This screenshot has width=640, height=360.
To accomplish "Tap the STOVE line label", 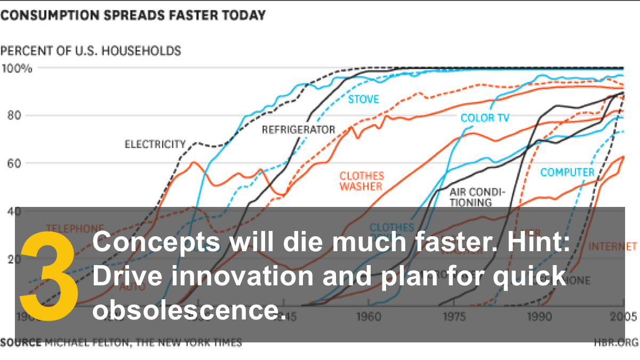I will click(363, 99).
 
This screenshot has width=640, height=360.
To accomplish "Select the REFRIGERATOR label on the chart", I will click(298, 130).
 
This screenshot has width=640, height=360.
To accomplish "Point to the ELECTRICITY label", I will click(155, 144).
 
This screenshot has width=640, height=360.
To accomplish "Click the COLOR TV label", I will click(485, 118).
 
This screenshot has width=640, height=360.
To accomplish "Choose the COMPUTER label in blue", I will click(567, 172).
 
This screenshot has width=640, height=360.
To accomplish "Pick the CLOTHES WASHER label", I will click(362, 181).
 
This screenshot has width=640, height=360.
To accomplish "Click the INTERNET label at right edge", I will click(613, 246).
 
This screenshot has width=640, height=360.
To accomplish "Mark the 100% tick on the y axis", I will click(17, 68).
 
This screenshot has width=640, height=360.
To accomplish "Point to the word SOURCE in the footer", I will click(20, 342).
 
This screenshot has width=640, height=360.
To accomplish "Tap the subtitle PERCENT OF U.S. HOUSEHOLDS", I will click(91, 51).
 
